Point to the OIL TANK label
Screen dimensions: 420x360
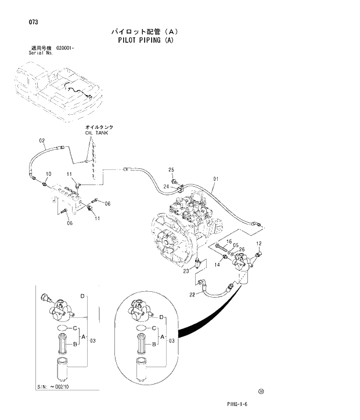pyautogui.click(x=96, y=132)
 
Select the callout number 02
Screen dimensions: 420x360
pyautogui.click(x=42, y=140)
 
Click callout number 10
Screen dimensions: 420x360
pyautogui.click(x=48, y=173)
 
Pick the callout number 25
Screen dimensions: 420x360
pyautogui.click(x=171, y=169)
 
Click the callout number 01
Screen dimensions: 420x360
pyautogui.click(x=215, y=179)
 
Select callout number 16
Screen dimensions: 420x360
pyautogui.click(x=229, y=241)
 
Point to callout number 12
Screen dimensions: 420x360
pyautogui.click(x=259, y=243)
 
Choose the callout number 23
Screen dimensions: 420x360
pyautogui.click(x=186, y=271)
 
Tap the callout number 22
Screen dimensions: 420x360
pyautogui.click(x=191, y=295)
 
